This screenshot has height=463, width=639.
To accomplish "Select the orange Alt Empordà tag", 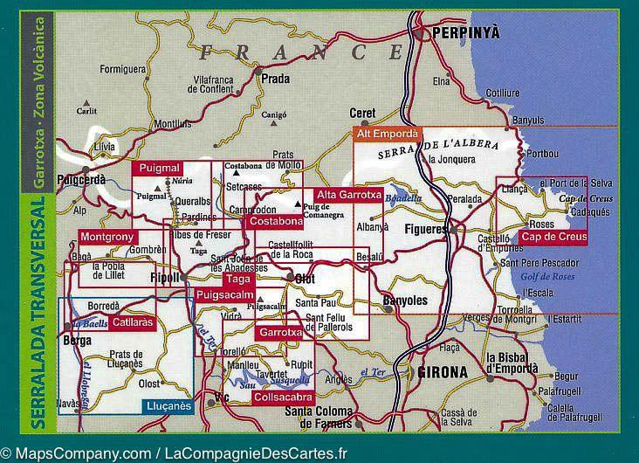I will [x=387, y=134].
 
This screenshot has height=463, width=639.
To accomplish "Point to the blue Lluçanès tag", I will [x=166, y=404].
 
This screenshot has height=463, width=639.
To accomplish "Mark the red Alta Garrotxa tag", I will [x=348, y=195].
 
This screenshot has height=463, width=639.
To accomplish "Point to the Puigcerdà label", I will [x=81, y=179].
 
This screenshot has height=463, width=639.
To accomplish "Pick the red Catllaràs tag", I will [x=133, y=322].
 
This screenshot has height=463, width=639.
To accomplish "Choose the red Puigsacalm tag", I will [x=223, y=295].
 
